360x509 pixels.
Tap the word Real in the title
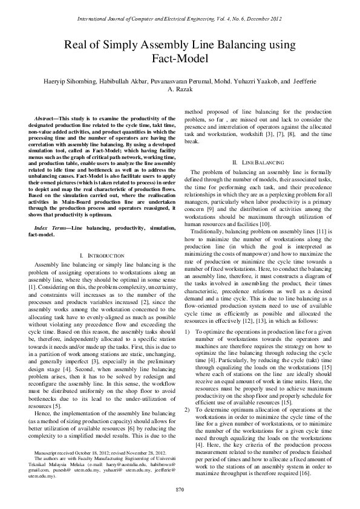[x=77, y=45]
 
